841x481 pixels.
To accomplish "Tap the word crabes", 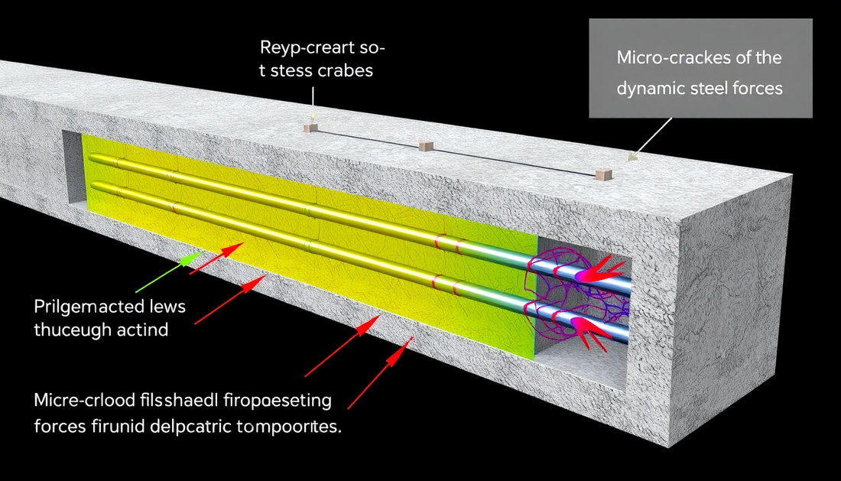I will (x=348, y=72).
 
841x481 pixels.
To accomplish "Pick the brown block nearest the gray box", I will (x=603, y=174).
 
